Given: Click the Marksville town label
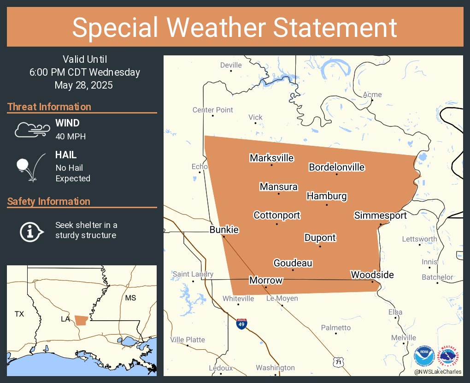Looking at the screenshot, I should [x=271, y=158].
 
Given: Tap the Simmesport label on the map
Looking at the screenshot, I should [x=380, y=215].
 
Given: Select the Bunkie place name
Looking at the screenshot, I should [x=224, y=230].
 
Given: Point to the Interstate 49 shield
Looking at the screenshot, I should [x=241, y=323].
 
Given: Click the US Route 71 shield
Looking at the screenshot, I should [x=338, y=363].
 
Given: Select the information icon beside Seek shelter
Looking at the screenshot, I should [x=31, y=231].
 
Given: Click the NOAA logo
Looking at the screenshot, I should [x=424, y=356].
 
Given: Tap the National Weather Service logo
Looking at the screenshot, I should [x=450, y=356].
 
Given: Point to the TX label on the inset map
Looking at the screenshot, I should [x=19, y=314].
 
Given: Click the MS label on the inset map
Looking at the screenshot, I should [x=130, y=298].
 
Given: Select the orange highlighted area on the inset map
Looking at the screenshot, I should [x=81, y=320].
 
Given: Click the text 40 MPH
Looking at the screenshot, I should [x=70, y=137].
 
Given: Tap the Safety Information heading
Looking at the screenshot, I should [x=49, y=202].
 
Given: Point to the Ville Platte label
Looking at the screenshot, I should [x=188, y=340].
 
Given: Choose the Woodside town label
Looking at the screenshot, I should [x=372, y=275].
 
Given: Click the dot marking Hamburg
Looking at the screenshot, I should [x=327, y=204].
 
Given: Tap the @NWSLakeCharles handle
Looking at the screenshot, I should [x=437, y=372].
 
